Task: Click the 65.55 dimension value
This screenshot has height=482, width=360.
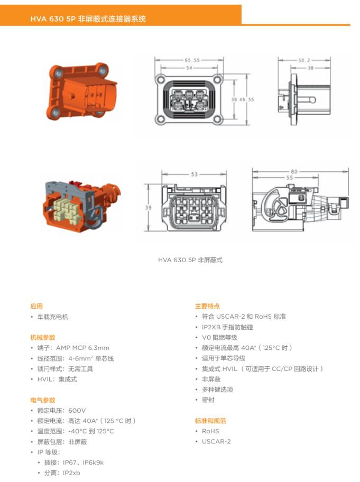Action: [192, 60]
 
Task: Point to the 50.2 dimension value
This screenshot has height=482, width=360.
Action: [304, 60]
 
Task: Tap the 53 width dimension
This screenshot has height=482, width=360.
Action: [195, 174]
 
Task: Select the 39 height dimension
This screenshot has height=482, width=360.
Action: [148, 208]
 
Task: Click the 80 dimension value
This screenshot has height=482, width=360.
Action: [294, 172]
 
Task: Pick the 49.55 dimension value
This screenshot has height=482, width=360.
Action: [247, 99]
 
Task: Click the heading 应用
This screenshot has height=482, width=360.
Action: [36, 306]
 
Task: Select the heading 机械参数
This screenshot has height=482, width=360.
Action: [43, 338]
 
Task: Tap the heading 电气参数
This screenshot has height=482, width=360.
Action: [43, 400]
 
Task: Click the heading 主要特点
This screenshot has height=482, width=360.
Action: [208, 306]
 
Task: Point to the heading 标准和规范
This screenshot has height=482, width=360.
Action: [210, 421]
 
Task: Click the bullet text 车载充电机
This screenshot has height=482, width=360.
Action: [53, 317]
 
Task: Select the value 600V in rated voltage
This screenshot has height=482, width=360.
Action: [77, 411]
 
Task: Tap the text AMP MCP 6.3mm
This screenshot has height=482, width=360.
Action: [82, 348]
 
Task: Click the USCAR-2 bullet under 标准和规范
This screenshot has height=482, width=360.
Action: [216, 442]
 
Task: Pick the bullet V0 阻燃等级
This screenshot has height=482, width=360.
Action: [219, 338]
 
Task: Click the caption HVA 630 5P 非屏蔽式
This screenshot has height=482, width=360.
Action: [190, 260]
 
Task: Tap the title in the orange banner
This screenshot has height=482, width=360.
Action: [88, 19]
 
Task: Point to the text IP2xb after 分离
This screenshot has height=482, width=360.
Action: [72, 473]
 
